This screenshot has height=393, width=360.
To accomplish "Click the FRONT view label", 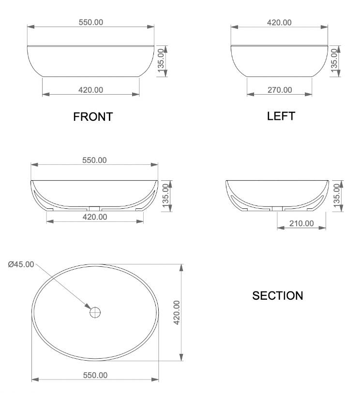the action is point(93,117).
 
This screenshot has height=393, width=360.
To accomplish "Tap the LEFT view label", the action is point(281,116).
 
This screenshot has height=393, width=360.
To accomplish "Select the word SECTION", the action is point(277,295).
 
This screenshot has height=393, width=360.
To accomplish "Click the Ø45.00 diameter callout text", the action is point(21,264).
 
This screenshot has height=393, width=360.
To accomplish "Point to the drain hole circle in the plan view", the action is point(95,313).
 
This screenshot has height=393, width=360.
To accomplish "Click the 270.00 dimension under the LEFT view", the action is point(280,90).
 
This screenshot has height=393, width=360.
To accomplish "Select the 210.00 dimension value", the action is point(301,223).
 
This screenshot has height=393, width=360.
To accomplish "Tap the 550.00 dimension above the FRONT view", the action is point(91,22).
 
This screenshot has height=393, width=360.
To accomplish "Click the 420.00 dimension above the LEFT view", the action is point(279,22).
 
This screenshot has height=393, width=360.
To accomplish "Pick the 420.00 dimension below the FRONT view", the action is point(90,90).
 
